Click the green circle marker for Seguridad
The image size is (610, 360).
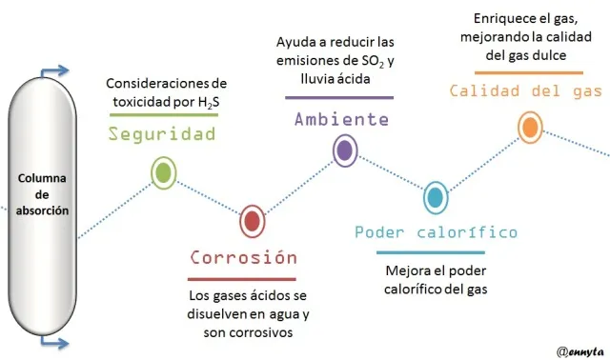pyautogui.click(x=164, y=173)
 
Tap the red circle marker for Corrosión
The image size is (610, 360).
pyautogui.click(x=253, y=221)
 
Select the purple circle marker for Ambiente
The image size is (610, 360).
pyautogui.click(x=345, y=150)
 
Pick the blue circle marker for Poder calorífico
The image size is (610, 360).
pyautogui.click(x=436, y=198)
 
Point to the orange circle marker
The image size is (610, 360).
pyautogui.click(x=530, y=127)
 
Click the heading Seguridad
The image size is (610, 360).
pyautogui.click(x=162, y=134)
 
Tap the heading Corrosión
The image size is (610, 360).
pyautogui.click(x=244, y=257)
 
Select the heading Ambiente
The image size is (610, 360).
pyautogui.click(x=341, y=119)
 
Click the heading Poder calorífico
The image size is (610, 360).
pyautogui.click(x=437, y=232)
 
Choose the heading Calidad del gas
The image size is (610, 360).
pyautogui.click(x=526, y=91)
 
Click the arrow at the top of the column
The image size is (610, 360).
pyautogui.click(x=54, y=71)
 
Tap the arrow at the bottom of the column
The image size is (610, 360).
pyautogui.click(x=54, y=343)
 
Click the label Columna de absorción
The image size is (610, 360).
pyautogui.click(x=42, y=194)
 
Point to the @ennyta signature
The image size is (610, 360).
pyautogui.click(x=580, y=351)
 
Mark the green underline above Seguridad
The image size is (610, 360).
pyautogui.click(x=164, y=114)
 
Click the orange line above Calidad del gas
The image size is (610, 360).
pyautogui.click(x=529, y=72)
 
